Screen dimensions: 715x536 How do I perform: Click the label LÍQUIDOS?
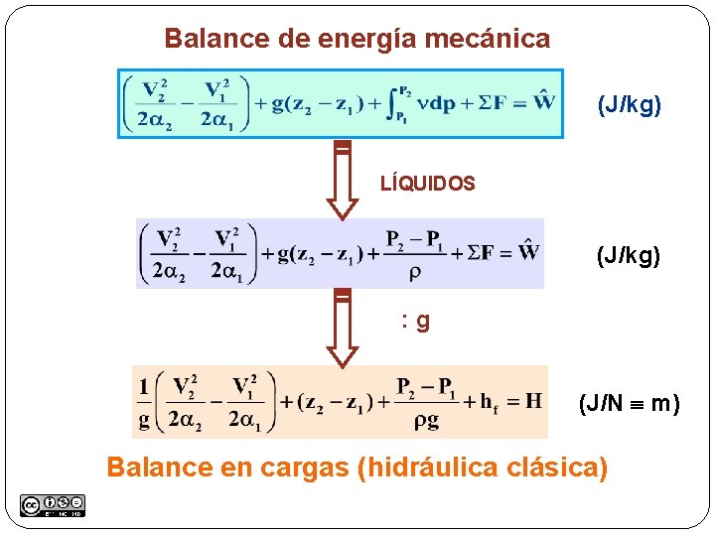[x=428, y=184]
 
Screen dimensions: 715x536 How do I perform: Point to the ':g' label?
[x=415, y=321]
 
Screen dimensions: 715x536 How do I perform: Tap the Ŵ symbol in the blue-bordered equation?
[x=543, y=100]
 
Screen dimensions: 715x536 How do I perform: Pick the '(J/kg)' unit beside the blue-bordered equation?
[x=629, y=104]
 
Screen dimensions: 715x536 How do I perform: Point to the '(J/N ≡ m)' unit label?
[x=630, y=403]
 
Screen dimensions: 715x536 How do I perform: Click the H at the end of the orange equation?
[x=533, y=400]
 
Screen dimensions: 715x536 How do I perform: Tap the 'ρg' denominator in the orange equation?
[x=425, y=421]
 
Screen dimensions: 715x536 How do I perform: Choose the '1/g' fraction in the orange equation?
[x=145, y=402]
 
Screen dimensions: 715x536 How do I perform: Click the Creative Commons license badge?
[x=52, y=505]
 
